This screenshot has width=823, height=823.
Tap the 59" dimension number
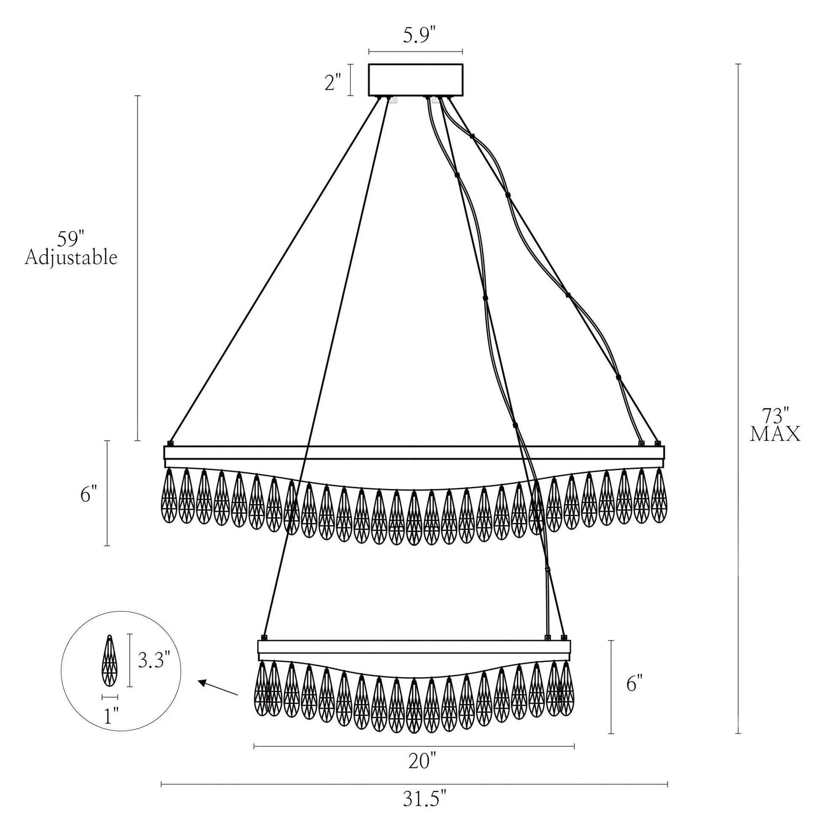click(71, 239)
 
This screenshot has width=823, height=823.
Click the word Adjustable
click(71, 258)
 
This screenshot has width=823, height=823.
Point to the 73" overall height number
click(775, 415)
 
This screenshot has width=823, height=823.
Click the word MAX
click(775, 433)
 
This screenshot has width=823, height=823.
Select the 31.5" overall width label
click(425, 799)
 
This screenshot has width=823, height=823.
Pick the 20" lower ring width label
click(422, 761)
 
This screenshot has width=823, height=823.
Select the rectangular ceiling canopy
click(415, 80)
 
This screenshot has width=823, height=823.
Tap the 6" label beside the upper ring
click(89, 494)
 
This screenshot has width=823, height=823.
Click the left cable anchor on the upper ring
click(171, 444)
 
